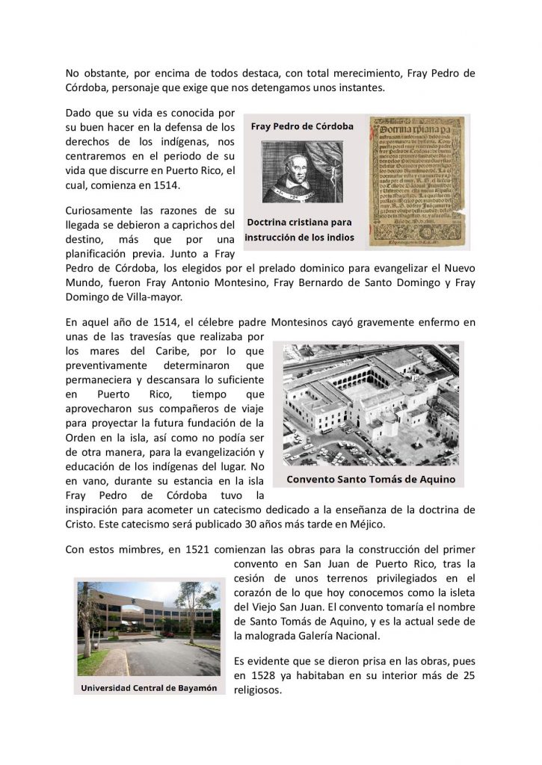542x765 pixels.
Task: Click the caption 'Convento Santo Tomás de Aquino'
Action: point(370,478)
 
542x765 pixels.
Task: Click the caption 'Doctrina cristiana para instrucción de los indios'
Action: point(299,231)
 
